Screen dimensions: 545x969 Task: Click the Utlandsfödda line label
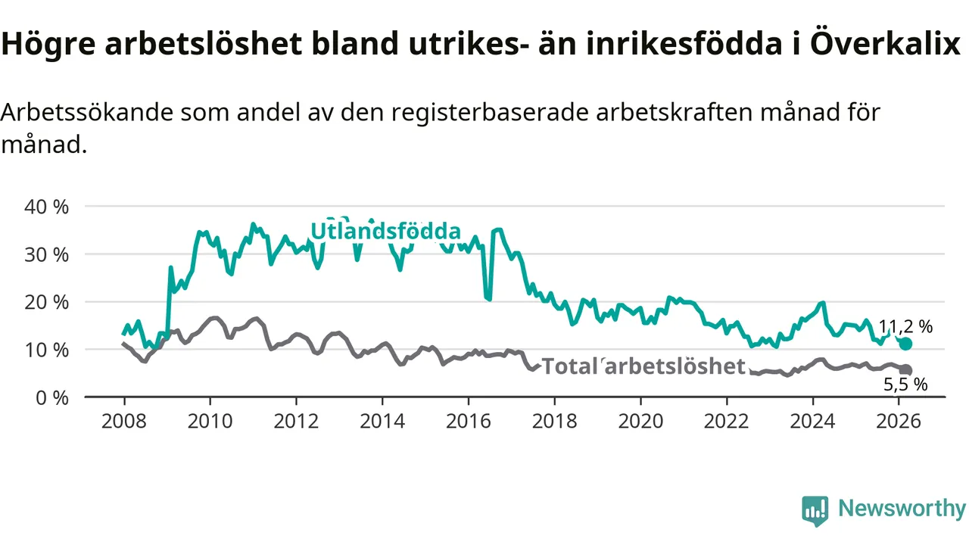click(x=385, y=231)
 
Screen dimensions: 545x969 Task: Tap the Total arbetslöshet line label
click(x=643, y=366)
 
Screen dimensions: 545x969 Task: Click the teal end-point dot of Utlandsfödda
click(x=905, y=344)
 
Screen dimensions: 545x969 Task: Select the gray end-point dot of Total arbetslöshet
click(x=905, y=370)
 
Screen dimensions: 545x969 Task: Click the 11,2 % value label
click(x=905, y=327)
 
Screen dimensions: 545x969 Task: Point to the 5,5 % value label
click(x=905, y=385)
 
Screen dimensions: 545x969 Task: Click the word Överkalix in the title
click(x=884, y=45)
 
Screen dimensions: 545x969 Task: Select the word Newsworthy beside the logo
click(x=902, y=509)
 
